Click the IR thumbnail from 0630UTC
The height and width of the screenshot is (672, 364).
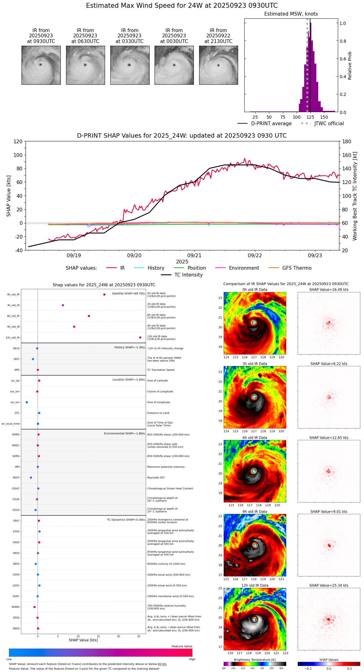(x=85, y=65)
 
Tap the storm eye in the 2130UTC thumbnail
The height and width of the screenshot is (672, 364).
(x=218, y=65)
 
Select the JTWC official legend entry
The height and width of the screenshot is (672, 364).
(x=329, y=124)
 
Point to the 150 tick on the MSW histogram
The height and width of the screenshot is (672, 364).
(x=324, y=117)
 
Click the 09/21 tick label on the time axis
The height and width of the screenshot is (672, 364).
(x=194, y=256)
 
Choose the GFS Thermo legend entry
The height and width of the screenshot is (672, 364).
(x=297, y=268)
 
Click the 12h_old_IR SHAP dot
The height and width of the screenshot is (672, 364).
(x=140, y=338)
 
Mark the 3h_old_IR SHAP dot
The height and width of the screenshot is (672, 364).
(x=63, y=305)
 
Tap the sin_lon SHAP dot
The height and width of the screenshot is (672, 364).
(x=27, y=402)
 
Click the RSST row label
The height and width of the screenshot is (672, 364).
(x=16, y=478)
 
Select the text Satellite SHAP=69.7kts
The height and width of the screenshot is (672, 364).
(x=128, y=294)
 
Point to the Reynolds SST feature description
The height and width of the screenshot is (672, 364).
(x=156, y=478)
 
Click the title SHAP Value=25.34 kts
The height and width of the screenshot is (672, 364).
(x=329, y=585)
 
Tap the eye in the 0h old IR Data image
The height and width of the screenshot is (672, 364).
(x=254, y=323)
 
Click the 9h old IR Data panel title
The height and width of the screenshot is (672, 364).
(x=255, y=512)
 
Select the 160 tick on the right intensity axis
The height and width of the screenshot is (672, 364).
(x=347, y=155)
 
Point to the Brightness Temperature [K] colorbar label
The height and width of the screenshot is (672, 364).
(x=255, y=660)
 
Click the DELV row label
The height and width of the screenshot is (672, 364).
(x=16, y=348)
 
